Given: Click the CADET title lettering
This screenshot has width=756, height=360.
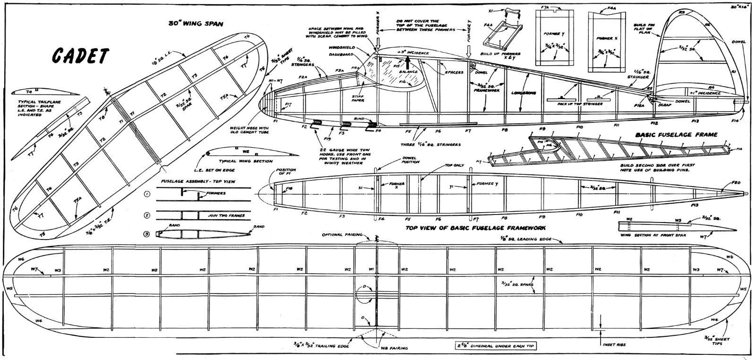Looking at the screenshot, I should pos(80,56).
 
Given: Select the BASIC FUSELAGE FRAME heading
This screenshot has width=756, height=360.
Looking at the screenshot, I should pos(677,135).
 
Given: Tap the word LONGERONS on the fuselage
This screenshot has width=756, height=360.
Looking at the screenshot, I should pos(524,93).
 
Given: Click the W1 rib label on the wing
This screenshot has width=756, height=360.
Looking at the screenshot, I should pos(371,270).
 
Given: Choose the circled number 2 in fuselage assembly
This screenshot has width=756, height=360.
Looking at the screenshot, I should pos(147,215).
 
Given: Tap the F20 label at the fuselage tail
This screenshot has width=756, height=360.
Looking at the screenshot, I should pos(736,182).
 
